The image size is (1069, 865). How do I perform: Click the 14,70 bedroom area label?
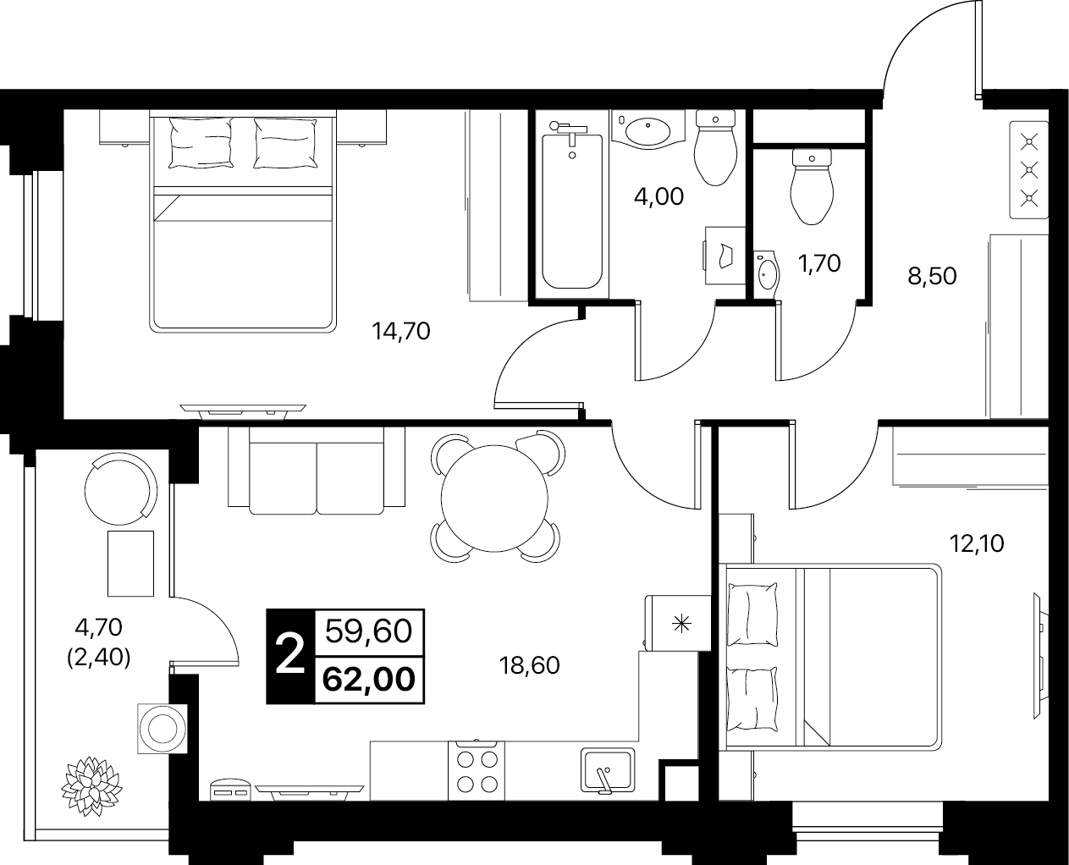401,332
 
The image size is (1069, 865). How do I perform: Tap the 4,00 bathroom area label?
658,196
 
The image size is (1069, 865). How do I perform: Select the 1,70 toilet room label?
819,263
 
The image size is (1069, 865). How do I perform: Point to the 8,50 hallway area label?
932,277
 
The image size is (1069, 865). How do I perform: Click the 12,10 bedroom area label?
977,543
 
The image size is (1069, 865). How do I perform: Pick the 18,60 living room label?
529,666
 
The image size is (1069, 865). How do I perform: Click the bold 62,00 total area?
369,680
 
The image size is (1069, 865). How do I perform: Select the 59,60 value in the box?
369,631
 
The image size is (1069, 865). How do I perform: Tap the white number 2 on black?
290,656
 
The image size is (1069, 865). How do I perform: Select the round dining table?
494,499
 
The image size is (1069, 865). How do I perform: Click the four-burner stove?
477,771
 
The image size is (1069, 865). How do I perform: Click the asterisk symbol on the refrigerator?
681,624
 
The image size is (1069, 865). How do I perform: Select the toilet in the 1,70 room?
812,186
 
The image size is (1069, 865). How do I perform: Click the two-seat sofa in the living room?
317,471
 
